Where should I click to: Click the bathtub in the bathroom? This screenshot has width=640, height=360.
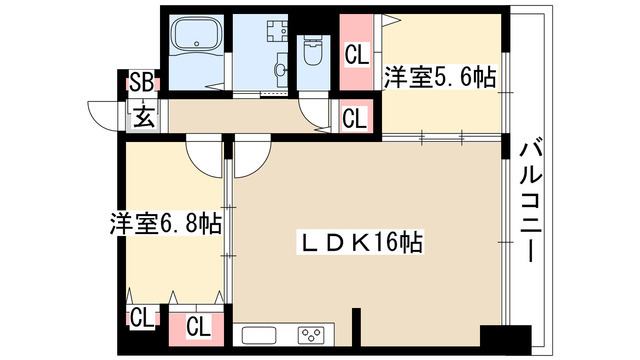(x=196, y=35)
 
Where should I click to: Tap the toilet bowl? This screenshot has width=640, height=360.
(x=313, y=50)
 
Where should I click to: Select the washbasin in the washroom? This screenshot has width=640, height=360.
(x=282, y=69)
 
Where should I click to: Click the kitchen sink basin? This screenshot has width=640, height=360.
(x=259, y=336)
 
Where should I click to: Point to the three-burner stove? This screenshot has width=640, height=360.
(x=311, y=336)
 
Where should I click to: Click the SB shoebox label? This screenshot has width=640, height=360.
(x=142, y=83)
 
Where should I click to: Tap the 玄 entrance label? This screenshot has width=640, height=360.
(x=144, y=116)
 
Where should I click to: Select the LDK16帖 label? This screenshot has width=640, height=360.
(x=360, y=242)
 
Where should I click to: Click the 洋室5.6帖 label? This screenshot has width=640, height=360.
(x=440, y=77)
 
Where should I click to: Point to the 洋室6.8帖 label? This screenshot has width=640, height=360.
(x=166, y=223)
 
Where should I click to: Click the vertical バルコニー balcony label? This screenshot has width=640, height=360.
(x=531, y=203)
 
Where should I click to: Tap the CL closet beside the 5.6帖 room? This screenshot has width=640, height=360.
(x=357, y=53)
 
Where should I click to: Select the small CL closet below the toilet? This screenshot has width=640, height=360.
(x=355, y=117)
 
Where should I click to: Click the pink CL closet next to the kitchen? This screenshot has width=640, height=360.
(x=198, y=326)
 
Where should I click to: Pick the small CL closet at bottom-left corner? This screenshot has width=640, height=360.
(x=141, y=317)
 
